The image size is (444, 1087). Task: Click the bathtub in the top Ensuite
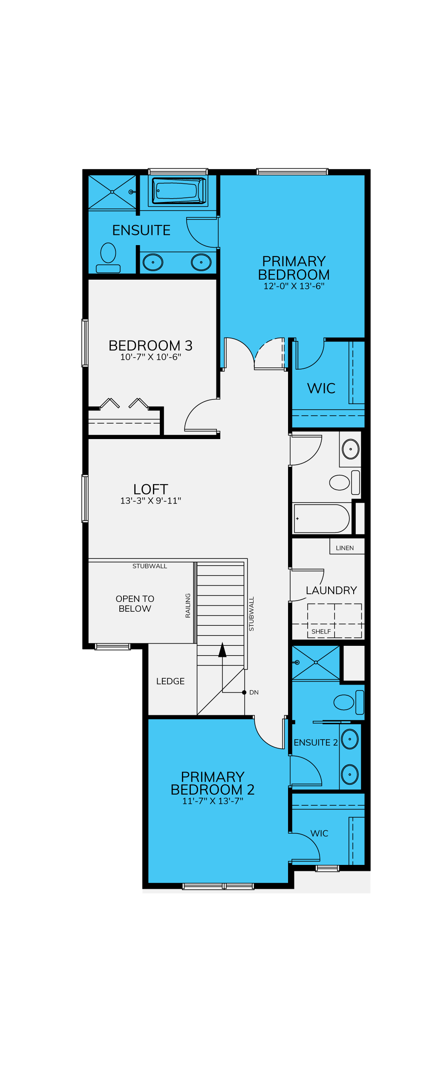click(x=179, y=191)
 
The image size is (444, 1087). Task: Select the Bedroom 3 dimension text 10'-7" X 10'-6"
click(x=150, y=357)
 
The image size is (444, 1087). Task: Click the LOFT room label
click(x=150, y=489)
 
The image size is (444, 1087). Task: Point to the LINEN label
click(x=345, y=548)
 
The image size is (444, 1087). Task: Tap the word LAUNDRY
click(x=331, y=590)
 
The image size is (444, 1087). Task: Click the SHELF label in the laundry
click(x=321, y=631)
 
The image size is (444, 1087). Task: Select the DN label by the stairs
click(x=254, y=692)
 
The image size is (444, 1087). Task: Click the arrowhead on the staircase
click(x=222, y=650)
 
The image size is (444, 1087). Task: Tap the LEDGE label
click(x=170, y=681)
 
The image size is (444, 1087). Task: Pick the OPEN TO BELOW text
click(x=135, y=604)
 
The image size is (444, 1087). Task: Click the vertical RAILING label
click(x=188, y=605)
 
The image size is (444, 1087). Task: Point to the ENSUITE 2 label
click(x=315, y=743)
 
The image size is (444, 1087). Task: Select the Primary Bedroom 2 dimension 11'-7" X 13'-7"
click(x=213, y=801)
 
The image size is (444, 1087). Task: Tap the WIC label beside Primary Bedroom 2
click(x=319, y=833)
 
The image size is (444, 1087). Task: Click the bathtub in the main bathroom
click(x=322, y=519)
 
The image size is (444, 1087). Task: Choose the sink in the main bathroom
click(x=351, y=449)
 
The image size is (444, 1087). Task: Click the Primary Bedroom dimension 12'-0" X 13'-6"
click(x=294, y=286)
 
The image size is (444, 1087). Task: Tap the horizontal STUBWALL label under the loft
click(x=150, y=566)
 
